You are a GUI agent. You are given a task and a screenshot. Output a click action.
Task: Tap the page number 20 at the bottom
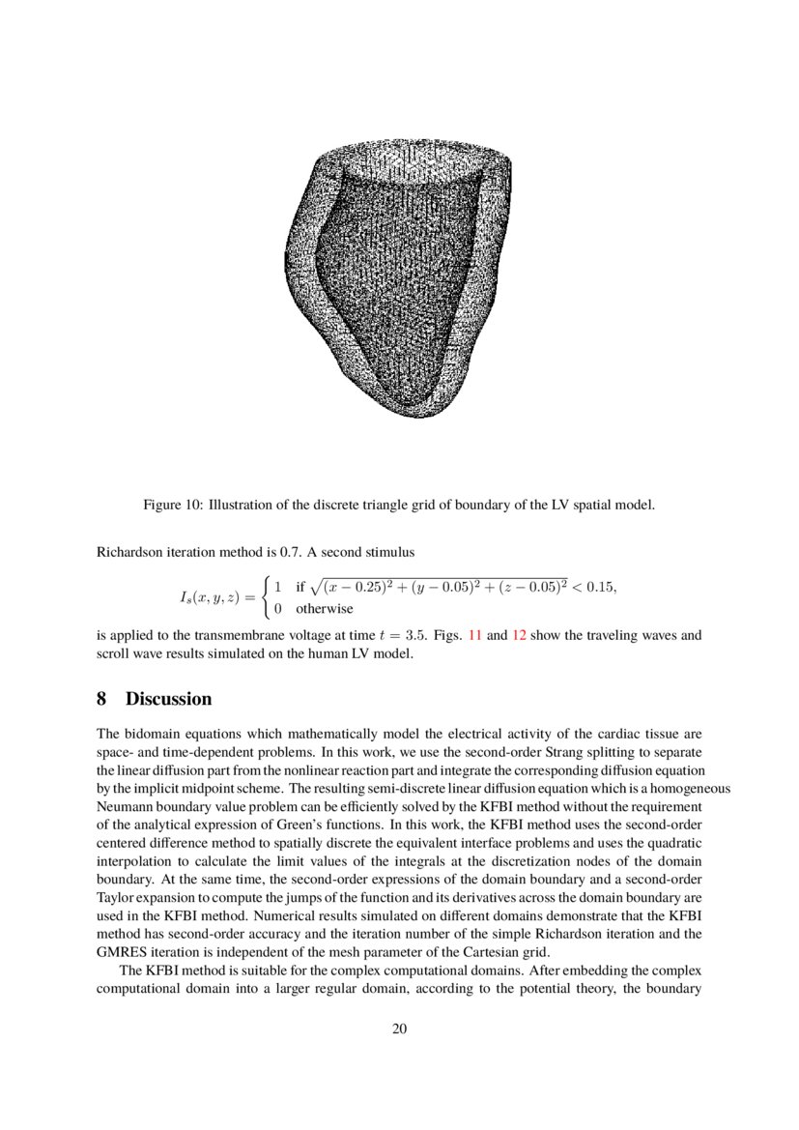click(399, 1028)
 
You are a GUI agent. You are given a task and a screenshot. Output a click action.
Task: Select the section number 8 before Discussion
click(102, 699)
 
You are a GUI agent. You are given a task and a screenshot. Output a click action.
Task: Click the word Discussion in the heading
click(168, 699)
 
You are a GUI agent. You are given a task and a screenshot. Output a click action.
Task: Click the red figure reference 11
click(474, 636)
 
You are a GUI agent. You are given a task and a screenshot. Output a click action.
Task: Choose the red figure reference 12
click(517, 636)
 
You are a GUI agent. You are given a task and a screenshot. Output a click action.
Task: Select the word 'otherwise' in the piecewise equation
click(324, 609)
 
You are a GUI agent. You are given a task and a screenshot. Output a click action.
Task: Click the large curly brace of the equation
click(265, 598)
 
